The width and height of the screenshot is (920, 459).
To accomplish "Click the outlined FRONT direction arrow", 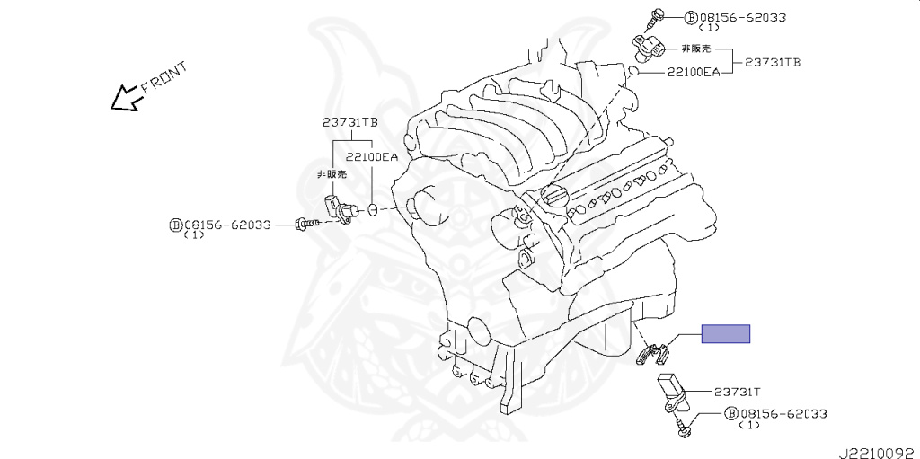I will point(124,97).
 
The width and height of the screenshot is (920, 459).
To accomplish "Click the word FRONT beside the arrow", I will point(164,77).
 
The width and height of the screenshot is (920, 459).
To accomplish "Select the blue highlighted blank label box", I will point(725,334).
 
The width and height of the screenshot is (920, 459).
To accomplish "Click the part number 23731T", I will point(738,392).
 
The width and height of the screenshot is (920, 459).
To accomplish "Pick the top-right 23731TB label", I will point(773,62).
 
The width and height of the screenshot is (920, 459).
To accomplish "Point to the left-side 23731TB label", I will point(350,123).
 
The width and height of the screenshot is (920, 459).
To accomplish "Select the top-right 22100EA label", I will point(693,72).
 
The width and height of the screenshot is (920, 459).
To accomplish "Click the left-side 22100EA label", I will point(372,156).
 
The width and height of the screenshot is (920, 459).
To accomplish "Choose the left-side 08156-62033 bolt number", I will point(228,225).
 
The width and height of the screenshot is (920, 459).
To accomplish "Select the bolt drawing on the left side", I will point(306,223).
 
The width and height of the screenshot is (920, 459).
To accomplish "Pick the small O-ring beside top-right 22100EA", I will point(633,69).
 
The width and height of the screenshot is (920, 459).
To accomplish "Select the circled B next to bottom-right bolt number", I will point(731,413).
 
